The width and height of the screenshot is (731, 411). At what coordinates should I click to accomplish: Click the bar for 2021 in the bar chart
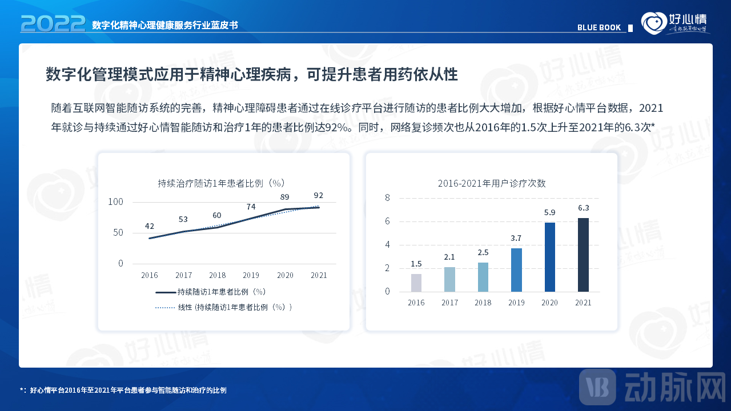tap(583, 255)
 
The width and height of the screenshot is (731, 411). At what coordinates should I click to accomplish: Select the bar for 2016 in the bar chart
tap(416, 283)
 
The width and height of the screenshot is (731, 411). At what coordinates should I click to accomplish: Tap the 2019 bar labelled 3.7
tap(516, 269)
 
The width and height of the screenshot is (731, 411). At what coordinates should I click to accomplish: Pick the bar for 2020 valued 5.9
tap(549, 257)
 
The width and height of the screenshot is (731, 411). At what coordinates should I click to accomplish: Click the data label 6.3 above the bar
tap(583, 208)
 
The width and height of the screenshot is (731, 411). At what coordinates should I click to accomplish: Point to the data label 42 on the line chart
tap(150, 226)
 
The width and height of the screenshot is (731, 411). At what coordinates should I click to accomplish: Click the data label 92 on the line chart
tap(319, 195)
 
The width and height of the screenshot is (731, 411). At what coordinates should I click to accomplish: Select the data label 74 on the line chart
tap(251, 207)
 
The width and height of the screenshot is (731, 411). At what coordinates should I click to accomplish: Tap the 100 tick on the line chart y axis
tap(116, 202)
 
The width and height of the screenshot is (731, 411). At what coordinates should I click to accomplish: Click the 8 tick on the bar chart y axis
tap(387, 198)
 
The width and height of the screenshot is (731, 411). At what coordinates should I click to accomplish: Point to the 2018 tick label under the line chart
tap(218, 275)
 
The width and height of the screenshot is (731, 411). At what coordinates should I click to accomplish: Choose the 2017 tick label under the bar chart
tap(449, 303)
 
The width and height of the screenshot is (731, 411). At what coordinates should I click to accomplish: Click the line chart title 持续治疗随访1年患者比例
tap(222, 183)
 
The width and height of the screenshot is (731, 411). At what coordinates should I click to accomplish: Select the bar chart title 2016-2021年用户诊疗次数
tap(492, 183)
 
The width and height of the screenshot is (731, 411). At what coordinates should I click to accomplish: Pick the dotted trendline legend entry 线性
tap(224, 307)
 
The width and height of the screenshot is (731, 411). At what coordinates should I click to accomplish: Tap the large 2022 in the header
tap(53, 23)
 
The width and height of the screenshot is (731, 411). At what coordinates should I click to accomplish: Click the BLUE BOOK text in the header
tap(599, 27)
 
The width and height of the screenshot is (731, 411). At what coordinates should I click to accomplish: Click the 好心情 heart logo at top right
tap(654, 23)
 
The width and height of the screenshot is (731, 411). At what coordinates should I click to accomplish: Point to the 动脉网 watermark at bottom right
tap(652, 388)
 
